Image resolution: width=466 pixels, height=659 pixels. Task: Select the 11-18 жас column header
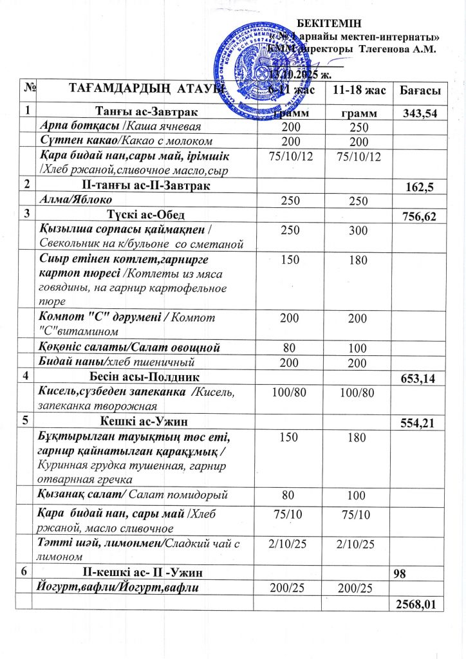click(x=359, y=91)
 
